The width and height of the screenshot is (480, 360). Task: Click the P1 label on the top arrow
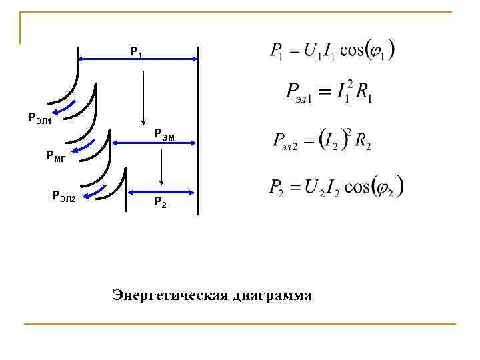[x=135, y=51]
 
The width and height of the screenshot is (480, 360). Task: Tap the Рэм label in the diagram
[x=165, y=134]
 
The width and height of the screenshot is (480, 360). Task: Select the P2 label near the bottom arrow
[x=161, y=201]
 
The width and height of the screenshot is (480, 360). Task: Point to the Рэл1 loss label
[x=39, y=119]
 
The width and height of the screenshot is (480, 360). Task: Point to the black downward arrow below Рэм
[x=161, y=167]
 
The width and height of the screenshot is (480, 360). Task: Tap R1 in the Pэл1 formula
[x=364, y=93]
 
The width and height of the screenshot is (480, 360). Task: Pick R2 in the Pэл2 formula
[x=363, y=141]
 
